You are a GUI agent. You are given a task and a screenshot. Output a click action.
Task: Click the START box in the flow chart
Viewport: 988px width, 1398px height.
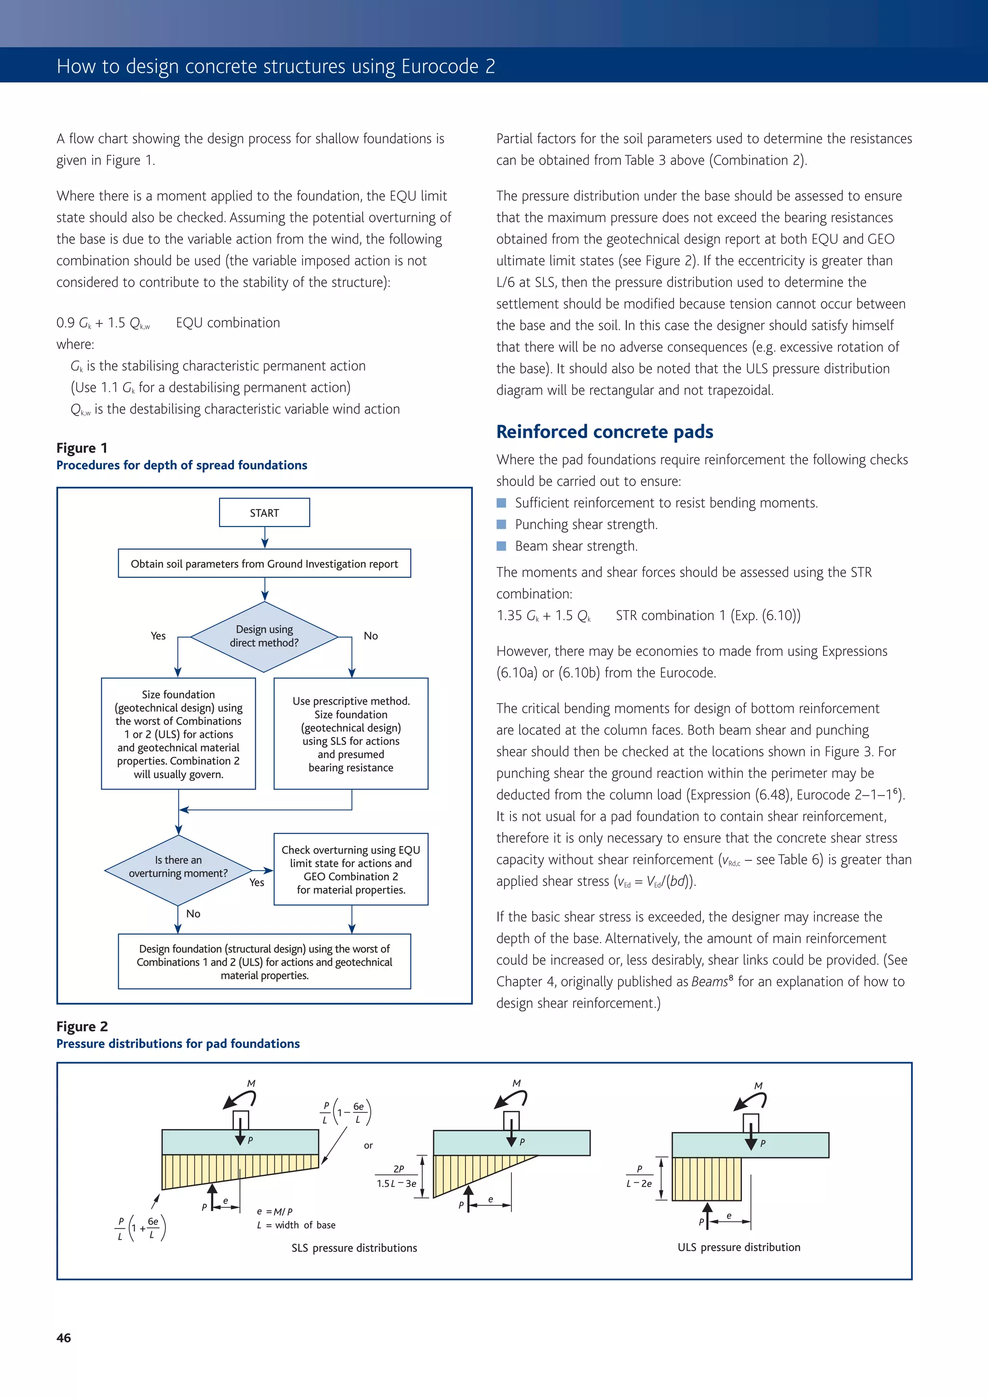(x=264, y=512)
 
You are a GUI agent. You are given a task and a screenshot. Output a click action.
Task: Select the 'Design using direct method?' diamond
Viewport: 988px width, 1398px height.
(x=264, y=637)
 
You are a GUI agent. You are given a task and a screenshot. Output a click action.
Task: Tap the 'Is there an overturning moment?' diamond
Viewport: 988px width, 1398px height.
(x=178, y=867)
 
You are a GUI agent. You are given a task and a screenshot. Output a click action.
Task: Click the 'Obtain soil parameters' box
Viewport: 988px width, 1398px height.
(x=264, y=564)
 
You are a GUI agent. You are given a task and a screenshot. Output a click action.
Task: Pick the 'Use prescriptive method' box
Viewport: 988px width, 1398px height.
(x=351, y=734)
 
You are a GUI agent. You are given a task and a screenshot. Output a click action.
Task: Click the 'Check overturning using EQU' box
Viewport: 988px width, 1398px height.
(x=351, y=870)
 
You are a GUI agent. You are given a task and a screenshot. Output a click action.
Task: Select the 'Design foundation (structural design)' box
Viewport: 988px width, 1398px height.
(x=264, y=962)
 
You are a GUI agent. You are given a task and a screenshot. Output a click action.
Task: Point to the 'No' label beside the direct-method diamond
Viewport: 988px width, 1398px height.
(x=370, y=636)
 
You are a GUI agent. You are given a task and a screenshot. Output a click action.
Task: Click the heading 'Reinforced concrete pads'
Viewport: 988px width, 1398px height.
(x=604, y=432)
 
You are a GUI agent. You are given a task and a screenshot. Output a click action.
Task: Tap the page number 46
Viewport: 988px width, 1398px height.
(x=64, y=1338)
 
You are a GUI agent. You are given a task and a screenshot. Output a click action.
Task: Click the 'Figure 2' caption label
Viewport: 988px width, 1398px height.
(x=82, y=1026)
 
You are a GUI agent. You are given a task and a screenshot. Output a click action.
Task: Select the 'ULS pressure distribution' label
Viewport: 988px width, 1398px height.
(x=739, y=1247)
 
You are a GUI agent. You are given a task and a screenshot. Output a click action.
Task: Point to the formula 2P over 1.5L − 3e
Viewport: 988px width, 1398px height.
(x=397, y=1177)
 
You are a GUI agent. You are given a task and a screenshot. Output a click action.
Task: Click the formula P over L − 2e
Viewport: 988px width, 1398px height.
(x=639, y=1177)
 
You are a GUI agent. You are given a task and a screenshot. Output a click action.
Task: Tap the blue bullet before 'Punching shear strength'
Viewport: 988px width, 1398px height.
(x=502, y=524)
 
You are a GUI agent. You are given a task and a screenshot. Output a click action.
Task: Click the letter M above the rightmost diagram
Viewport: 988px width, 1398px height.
(x=758, y=1086)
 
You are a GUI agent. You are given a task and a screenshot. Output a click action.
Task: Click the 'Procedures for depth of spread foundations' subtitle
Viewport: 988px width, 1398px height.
(x=181, y=465)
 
